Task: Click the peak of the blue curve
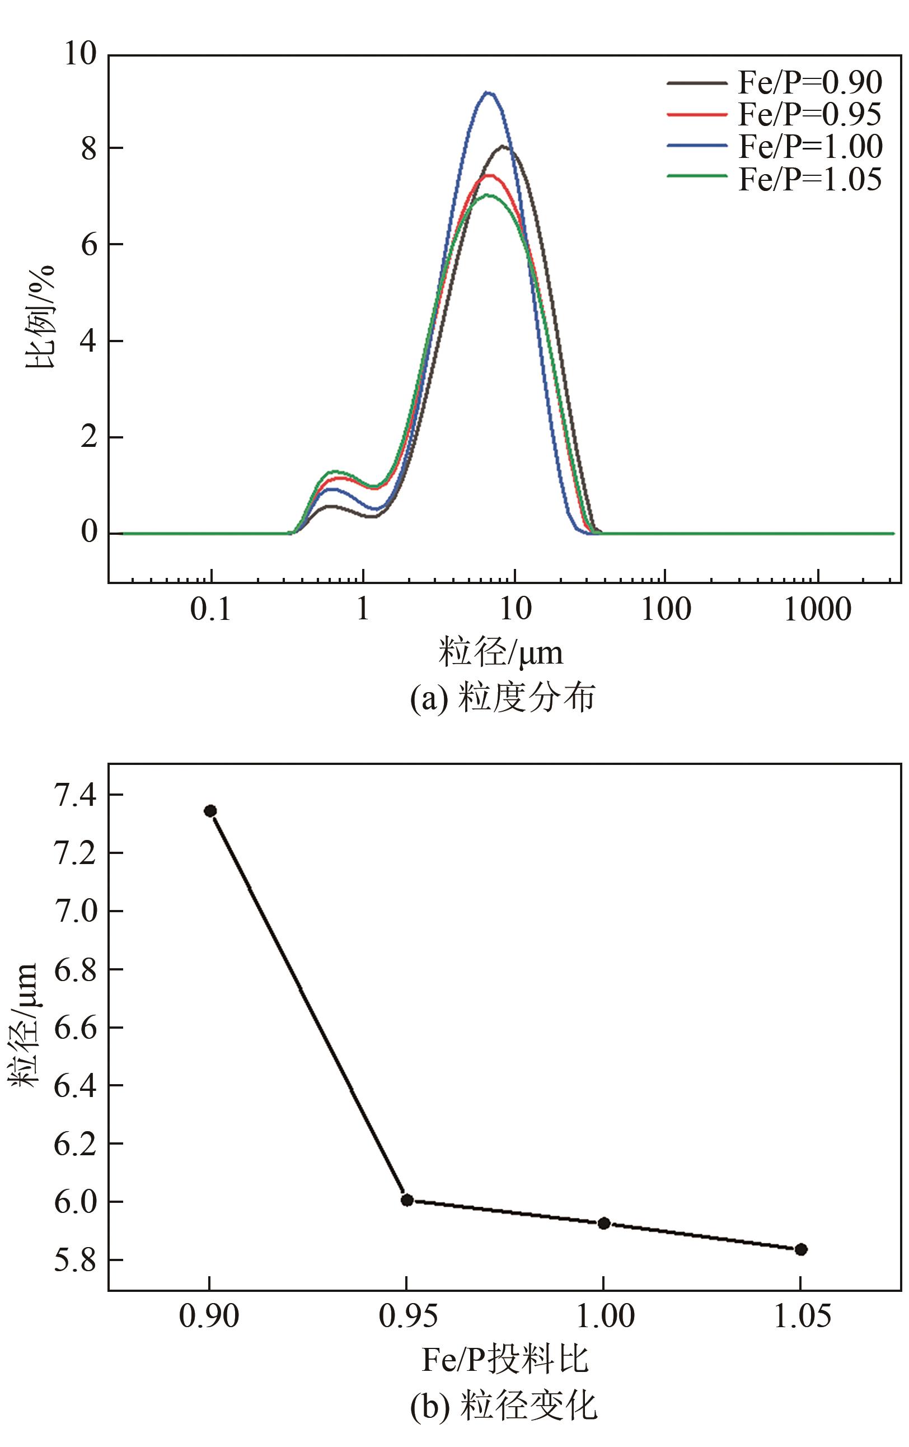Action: pos(488,92)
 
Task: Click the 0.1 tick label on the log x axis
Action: pos(210,610)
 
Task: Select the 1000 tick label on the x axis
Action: pos(817,610)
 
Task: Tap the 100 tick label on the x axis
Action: pos(666,610)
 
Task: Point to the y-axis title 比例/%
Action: pos(40,317)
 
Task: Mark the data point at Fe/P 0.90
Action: pos(210,811)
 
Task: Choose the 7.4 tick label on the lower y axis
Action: pos(75,796)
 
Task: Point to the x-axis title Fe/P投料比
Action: pos(505,1359)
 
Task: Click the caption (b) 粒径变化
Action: pos(503,1404)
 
